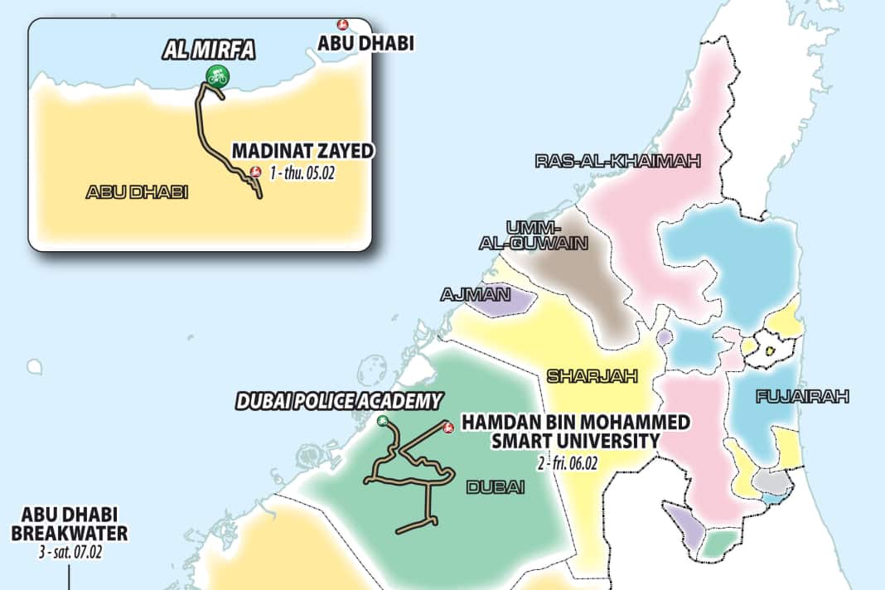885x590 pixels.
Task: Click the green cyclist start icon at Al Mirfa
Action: (217, 76)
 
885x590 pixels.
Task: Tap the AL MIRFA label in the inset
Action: (208, 51)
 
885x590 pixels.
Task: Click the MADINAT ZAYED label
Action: (303, 151)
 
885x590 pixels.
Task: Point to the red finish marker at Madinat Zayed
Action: (255, 172)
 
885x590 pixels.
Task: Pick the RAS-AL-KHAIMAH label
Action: (618, 161)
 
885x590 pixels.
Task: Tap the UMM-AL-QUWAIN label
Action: (534, 235)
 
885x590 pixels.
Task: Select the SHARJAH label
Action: (592, 376)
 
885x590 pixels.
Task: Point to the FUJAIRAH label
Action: (802, 397)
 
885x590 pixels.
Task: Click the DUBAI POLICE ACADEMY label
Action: (338, 402)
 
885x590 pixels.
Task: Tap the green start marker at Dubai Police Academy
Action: (382, 421)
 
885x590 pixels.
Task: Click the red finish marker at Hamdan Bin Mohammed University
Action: (447, 428)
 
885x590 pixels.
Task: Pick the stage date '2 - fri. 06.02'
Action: (568, 462)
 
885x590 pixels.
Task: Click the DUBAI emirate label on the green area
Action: (496, 487)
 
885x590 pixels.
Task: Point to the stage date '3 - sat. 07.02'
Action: (70, 551)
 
